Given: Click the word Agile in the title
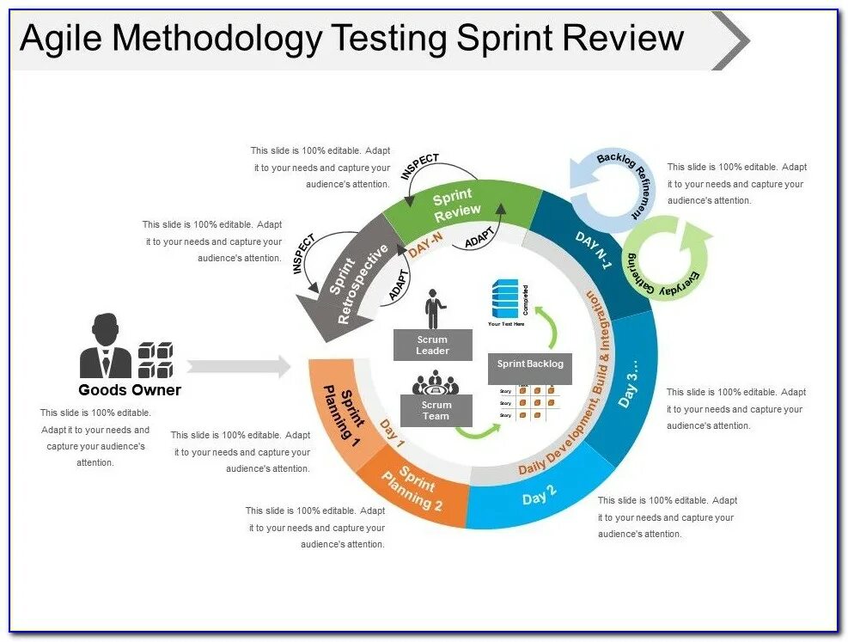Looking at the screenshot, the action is tap(62, 39).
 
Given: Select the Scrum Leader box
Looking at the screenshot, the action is tap(432, 345).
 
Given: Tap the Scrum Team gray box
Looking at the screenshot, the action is tap(436, 411).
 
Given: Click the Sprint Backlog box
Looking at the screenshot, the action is tap(530, 364).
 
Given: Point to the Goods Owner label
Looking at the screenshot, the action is tap(130, 390).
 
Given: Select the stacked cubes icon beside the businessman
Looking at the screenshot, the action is tap(155, 359).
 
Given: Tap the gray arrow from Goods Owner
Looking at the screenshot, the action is tap(239, 366).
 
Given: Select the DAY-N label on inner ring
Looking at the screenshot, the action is tap(427, 247).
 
